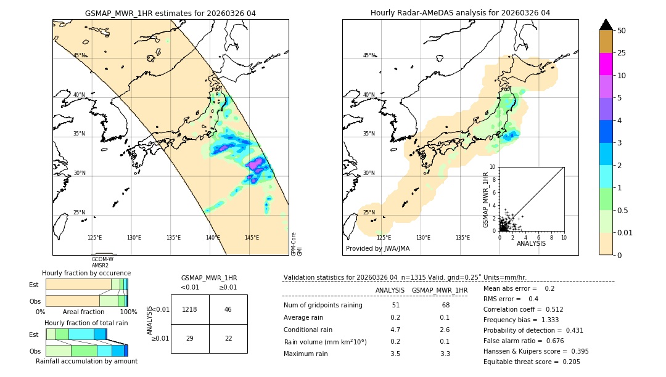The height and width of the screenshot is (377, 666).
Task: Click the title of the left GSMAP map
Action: [170, 13]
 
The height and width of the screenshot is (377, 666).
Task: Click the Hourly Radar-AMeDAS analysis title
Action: [460, 13]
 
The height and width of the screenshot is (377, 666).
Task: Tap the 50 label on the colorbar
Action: [622, 31]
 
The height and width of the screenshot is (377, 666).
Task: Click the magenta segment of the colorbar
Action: [606, 64]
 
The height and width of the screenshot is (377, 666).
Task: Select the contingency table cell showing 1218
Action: [190, 309]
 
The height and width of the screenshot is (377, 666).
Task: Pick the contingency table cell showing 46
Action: [228, 309]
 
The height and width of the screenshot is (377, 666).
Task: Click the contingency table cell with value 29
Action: [190, 338]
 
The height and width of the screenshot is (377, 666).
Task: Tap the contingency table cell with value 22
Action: [228, 338]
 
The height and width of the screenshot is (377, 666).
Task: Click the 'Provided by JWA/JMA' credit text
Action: [377, 249]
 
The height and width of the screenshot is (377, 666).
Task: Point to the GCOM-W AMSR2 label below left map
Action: [102, 262]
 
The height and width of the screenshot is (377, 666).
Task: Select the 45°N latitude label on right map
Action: [369, 55]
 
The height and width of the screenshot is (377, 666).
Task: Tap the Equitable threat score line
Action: [532, 362]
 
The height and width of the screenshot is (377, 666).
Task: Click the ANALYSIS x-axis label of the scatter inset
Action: [531, 244]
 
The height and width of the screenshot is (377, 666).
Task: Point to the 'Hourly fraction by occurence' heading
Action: [86, 273]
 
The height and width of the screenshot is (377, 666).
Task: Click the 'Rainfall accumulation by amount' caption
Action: [86, 361]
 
